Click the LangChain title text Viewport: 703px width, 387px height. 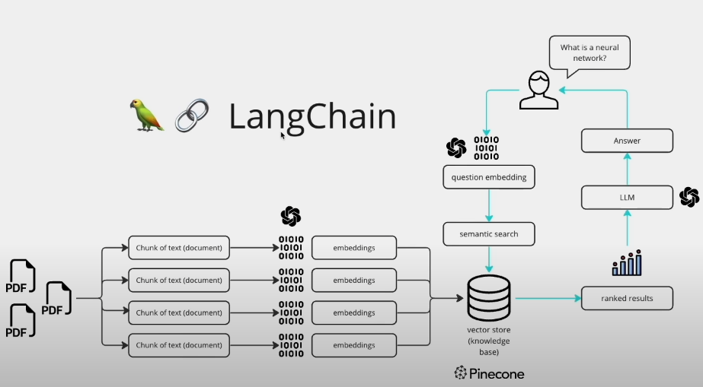[x=312, y=117]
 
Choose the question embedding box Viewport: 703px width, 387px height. [x=488, y=177]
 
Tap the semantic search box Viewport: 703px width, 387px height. [x=488, y=233]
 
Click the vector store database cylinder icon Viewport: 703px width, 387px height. [x=488, y=298]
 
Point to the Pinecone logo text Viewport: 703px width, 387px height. [x=489, y=373]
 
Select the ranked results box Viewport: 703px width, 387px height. [x=627, y=298]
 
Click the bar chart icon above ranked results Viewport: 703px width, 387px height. [x=627, y=262]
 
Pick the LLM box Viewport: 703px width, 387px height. [x=627, y=198]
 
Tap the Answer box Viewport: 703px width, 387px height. [x=627, y=141]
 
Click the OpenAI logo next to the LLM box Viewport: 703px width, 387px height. [x=689, y=198]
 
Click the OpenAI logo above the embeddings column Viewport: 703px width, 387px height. [x=290, y=216]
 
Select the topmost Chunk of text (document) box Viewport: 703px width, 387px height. [x=178, y=247]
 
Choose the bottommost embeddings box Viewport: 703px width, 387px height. [x=353, y=345]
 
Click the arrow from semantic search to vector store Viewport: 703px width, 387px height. [x=488, y=259]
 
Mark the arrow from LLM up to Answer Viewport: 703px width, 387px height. [x=627, y=169]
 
